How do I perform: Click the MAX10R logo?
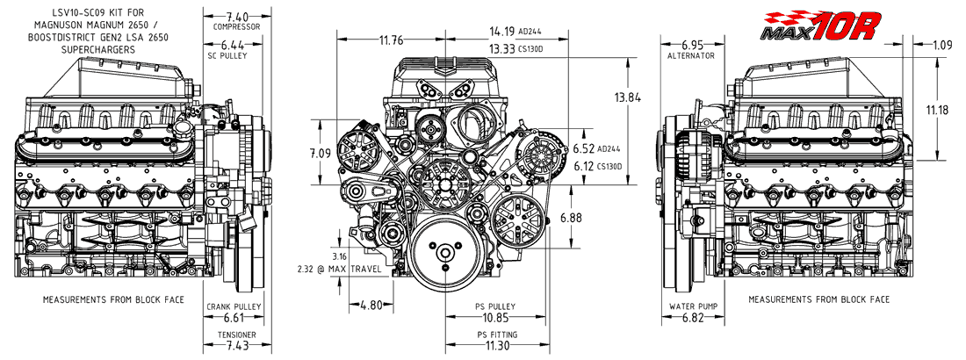819,26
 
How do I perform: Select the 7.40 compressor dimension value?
237,17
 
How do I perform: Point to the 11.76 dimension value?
391,41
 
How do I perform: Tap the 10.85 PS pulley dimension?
496,318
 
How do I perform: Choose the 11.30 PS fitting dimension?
496,346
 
